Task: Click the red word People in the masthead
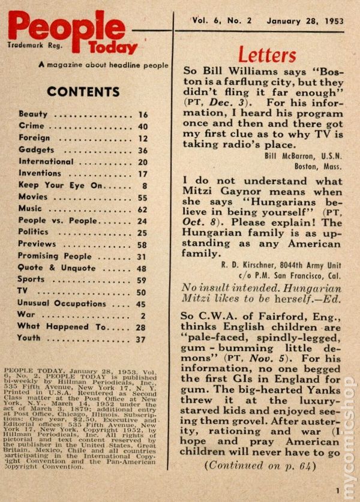point(66,27)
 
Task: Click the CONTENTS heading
point(83,92)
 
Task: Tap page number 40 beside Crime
point(142,126)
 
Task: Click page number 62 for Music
point(142,209)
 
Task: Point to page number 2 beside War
point(145,315)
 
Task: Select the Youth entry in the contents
point(29,339)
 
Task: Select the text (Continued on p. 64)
point(259,465)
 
